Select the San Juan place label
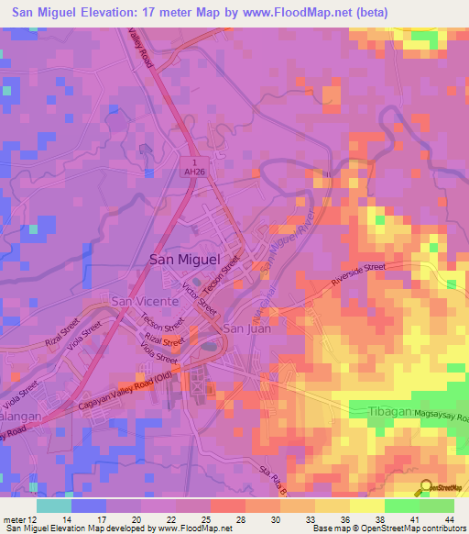coord(248,328)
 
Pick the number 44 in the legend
coord(449,517)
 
